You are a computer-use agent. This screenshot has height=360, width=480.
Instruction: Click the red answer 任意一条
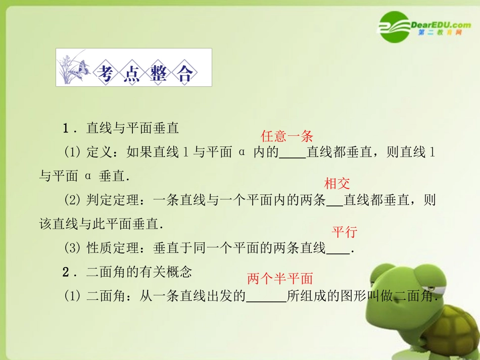tap(287, 136)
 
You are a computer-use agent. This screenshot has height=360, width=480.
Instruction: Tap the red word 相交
tap(337, 183)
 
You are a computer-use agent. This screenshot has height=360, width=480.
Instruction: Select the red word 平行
tap(344, 232)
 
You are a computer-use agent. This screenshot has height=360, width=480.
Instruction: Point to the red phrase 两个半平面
tap(280, 278)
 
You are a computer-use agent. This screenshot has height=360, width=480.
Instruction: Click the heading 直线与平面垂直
tap(133, 128)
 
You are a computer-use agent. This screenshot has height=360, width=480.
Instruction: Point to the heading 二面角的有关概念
tap(139, 272)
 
